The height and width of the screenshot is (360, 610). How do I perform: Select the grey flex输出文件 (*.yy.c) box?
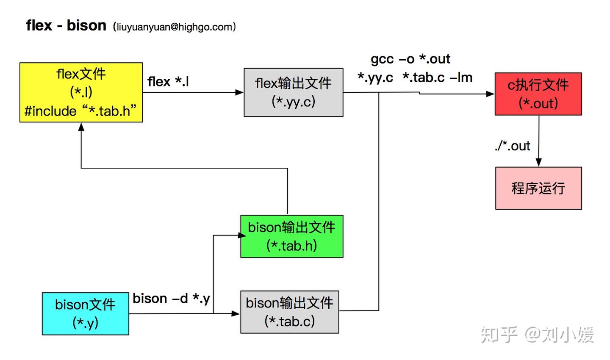coord(293,92)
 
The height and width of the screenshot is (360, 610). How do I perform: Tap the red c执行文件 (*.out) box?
coord(538,94)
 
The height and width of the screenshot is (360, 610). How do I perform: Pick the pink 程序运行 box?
coord(538,188)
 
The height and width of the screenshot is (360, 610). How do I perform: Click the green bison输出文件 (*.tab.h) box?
coord(291,236)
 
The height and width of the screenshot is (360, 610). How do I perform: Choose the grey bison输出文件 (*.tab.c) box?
coord(289,312)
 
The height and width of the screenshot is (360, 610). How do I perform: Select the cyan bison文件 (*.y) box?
coord(85,314)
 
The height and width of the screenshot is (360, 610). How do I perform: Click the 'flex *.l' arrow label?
coord(168,81)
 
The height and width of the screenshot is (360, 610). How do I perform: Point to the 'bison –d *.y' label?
coord(171,299)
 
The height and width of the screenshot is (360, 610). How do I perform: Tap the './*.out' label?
coord(512,146)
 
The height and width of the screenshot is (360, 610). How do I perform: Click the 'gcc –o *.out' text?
coord(410,59)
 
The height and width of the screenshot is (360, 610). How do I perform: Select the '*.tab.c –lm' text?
coord(437,78)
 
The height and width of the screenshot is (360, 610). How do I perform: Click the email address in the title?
coord(174,27)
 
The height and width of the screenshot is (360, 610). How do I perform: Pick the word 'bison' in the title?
coord(86,25)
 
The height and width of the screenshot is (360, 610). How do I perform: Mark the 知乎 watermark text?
coord(499,335)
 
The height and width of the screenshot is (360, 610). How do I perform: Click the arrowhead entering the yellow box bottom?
coord(81,126)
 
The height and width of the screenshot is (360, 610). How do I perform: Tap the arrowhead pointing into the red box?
coord(491,94)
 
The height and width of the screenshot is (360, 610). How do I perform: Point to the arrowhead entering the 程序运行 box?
coord(538,163)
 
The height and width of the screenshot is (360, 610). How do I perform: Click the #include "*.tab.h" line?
coord(80,111)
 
